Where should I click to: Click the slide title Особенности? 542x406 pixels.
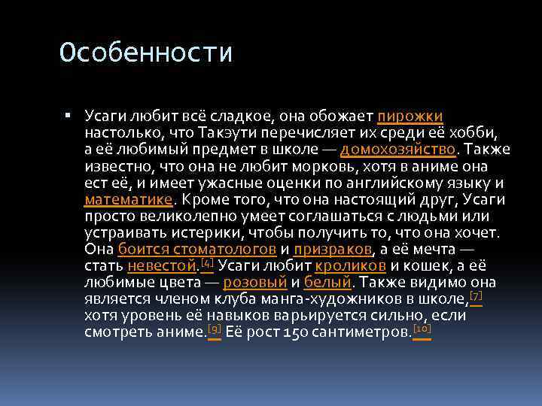click(x=147, y=53)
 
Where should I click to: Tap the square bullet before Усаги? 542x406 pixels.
click(x=68, y=117)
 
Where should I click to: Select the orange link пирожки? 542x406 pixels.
click(x=410, y=117)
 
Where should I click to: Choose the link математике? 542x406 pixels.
click(x=129, y=199)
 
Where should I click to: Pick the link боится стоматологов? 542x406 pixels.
click(x=197, y=249)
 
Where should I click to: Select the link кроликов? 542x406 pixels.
click(x=352, y=265)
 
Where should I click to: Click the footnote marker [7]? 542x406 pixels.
click(x=475, y=295)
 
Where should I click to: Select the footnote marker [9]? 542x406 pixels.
click(x=214, y=328)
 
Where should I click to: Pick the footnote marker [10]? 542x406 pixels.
click(x=422, y=328)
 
